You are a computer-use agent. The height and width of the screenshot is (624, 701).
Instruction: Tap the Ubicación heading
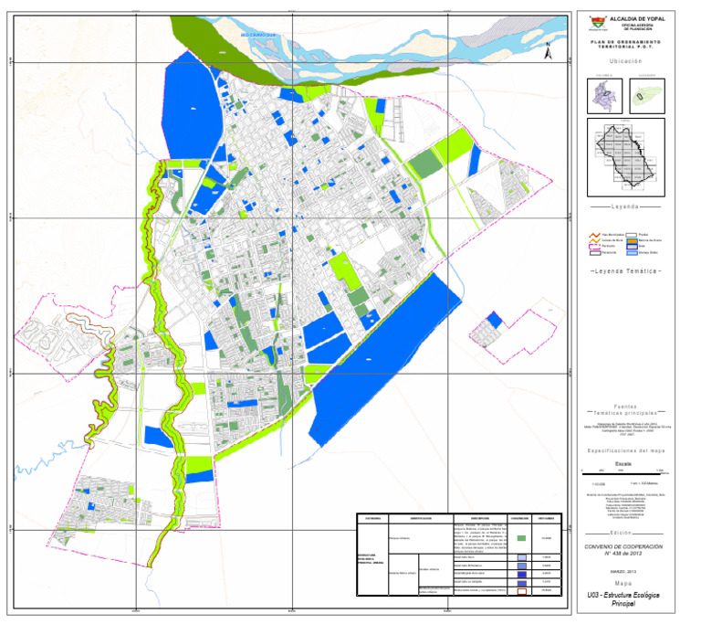pos(625,60)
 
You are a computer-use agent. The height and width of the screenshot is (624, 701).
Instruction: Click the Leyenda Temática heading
pos(625,272)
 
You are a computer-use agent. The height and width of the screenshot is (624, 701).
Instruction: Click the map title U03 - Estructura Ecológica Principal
pos(625,599)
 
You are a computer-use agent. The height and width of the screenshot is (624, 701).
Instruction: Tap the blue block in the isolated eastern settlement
pos(494,319)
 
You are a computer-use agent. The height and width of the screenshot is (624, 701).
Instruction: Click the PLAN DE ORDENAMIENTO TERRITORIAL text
pos(625,46)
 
